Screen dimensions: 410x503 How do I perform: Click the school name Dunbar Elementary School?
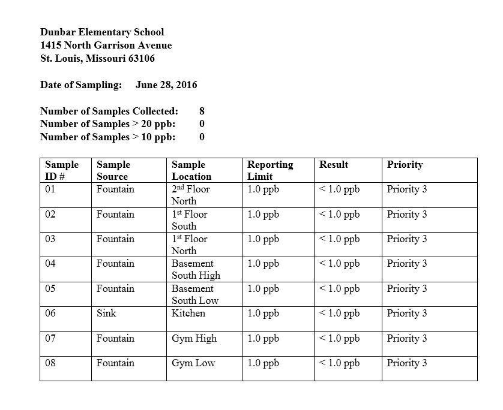(102, 32)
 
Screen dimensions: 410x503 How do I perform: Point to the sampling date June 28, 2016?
(166, 85)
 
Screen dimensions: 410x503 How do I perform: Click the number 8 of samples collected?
(202, 111)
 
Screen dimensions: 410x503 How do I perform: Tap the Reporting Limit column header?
(270, 170)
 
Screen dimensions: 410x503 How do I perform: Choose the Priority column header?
(405, 164)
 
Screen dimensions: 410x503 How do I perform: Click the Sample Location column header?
(191, 170)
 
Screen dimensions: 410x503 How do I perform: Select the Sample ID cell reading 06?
(50, 313)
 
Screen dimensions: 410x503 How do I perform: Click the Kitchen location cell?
(188, 313)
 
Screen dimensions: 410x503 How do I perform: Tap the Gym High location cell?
(194, 338)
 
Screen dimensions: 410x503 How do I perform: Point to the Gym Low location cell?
(193, 363)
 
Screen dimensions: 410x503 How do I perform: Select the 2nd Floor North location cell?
(190, 195)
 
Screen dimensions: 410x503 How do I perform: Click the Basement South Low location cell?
(195, 294)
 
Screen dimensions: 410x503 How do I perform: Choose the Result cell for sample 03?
(340, 239)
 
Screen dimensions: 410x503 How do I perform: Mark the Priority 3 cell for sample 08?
(407, 363)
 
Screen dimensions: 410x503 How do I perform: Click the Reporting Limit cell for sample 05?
(263, 288)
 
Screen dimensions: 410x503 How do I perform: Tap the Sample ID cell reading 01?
(50, 189)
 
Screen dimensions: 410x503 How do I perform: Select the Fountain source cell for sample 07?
(115, 338)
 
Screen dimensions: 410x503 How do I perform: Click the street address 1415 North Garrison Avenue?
(106, 46)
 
